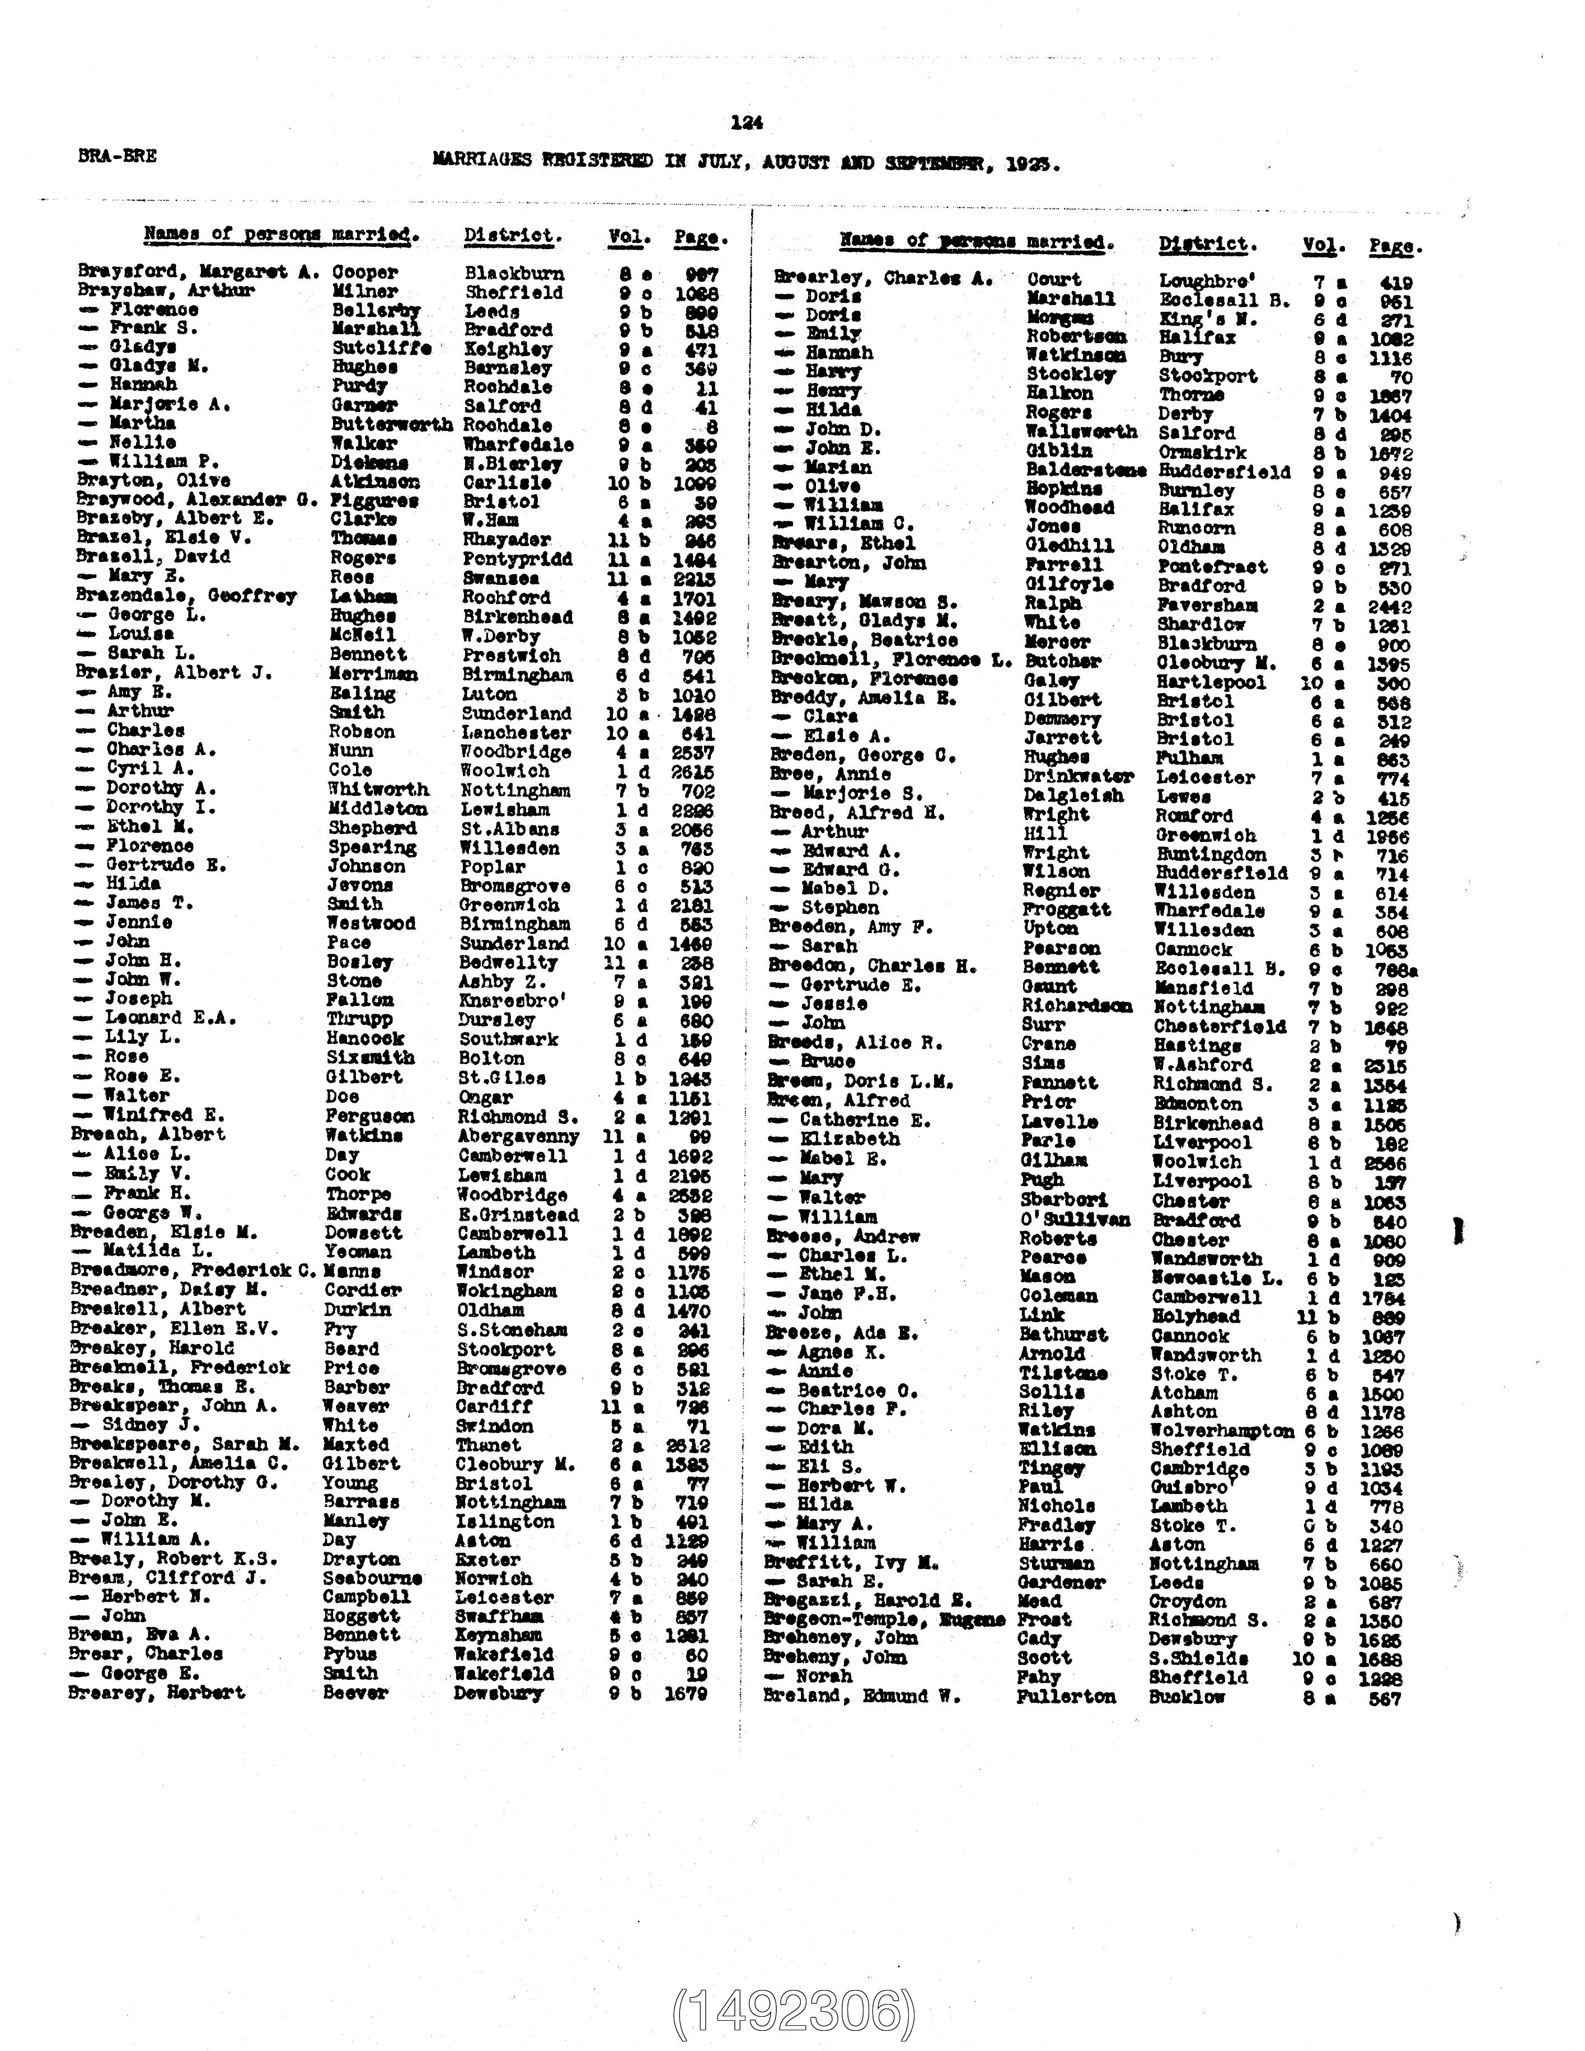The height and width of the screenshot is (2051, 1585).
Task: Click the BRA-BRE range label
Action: coord(118,156)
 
